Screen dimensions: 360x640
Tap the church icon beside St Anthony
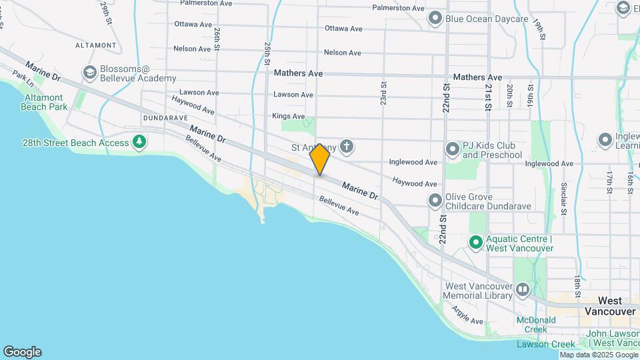tap(346, 146)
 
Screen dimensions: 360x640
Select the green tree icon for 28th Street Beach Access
tap(139, 141)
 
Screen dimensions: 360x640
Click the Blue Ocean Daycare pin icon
tap(435, 18)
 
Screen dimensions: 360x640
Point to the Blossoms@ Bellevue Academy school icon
tap(89, 72)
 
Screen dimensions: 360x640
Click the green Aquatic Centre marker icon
tap(476, 243)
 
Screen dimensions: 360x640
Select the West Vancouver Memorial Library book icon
tap(523, 289)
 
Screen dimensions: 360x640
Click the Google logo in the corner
tap(22, 351)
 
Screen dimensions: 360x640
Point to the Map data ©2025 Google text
tap(598, 355)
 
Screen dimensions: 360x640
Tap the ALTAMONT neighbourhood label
tap(96, 45)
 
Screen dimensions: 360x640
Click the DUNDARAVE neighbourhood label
tap(165, 117)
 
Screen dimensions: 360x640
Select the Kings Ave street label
tap(289, 117)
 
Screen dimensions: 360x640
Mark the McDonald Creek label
tap(537, 325)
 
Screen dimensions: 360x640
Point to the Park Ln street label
tap(23, 81)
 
